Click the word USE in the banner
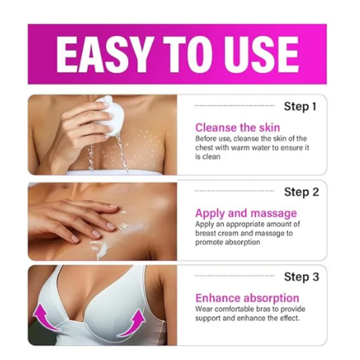tap(261, 54)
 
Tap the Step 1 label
tap(300, 107)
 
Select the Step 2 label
tap(302, 192)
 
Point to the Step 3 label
tap(302, 277)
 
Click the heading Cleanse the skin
tap(237, 127)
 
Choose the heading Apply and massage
tap(246, 214)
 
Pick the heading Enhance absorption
tap(247, 299)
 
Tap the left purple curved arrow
tap(45, 317)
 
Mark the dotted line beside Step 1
tap(234, 106)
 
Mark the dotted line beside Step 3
tap(234, 276)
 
